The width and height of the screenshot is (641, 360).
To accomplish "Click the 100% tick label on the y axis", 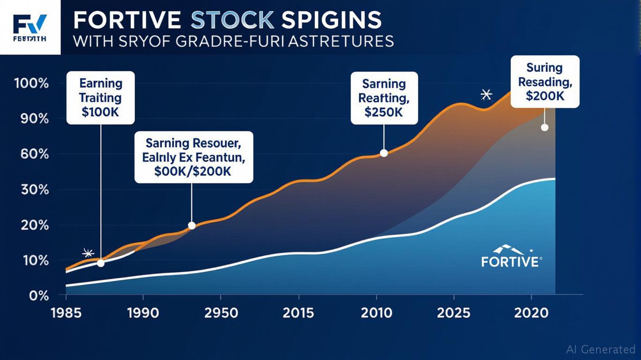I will coord(31,84).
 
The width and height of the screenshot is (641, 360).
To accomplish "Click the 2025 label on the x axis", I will coord(453,313).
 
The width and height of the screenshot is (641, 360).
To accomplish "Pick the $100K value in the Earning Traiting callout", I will coord(101,113).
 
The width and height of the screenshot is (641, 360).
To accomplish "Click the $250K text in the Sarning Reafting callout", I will coord(384,113).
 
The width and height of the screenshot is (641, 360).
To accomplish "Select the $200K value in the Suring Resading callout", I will coord(545,96).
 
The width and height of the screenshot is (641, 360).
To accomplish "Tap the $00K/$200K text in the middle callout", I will coord(194,172).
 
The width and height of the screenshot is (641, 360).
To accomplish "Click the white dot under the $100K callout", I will coord(101,263).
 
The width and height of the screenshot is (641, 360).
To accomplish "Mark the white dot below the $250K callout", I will coord(384,153).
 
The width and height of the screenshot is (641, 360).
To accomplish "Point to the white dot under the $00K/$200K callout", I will coord(192,225).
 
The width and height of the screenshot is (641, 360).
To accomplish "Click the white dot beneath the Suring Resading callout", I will coord(544,127).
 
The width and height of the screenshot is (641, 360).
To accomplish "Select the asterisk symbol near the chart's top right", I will coord(486,95).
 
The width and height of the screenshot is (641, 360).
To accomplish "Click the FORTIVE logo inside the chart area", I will coord(510,256).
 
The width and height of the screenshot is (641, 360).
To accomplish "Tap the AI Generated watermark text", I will coord(600,349).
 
